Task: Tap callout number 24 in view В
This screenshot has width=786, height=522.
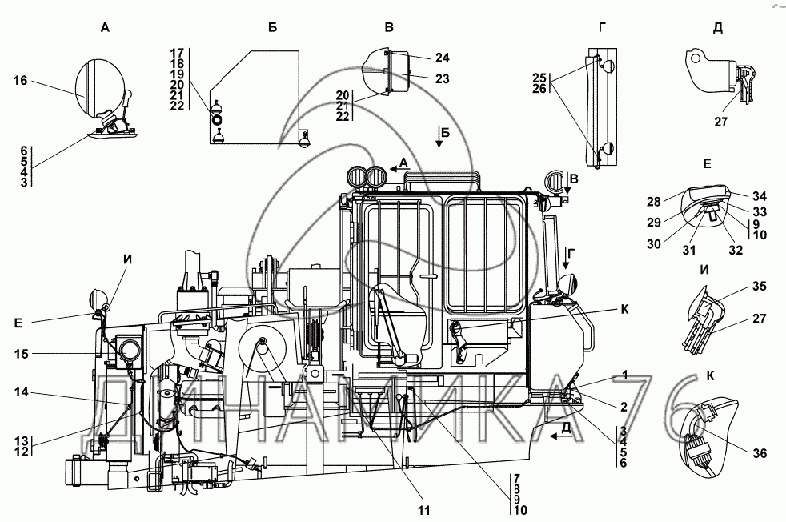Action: (x=443, y=58)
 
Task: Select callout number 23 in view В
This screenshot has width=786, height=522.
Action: (x=443, y=78)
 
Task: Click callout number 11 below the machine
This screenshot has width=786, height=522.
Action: (x=424, y=509)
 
